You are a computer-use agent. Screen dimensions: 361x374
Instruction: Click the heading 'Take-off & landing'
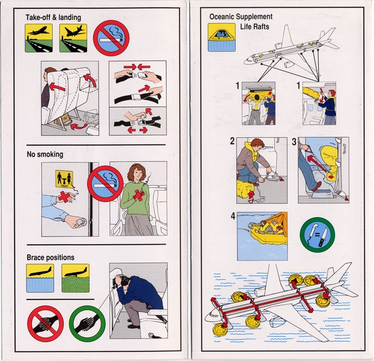click(x=53, y=17)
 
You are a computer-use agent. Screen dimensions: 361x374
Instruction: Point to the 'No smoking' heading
click(x=45, y=154)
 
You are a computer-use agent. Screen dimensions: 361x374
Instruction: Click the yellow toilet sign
click(x=64, y=179)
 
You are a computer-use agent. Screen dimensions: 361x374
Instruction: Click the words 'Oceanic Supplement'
click(x=240, y=17)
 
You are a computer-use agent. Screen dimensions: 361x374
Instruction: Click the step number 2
click(x=232, y=142)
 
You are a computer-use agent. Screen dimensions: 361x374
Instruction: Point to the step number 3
click(x=293, y=142)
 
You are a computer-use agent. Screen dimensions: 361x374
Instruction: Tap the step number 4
click(x=232, y=217)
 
